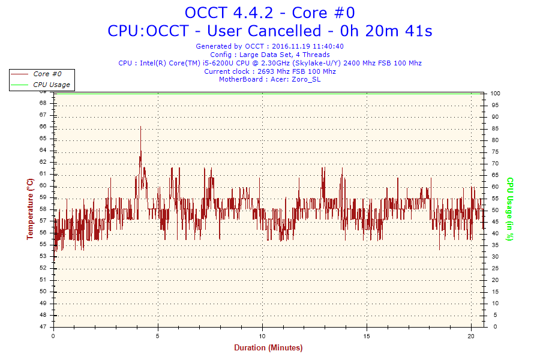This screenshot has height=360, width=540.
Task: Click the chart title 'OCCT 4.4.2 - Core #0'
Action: [269, 13]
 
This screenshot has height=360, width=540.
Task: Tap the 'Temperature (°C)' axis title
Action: [30, 209]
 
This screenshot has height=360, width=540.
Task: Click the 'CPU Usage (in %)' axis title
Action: [510, 209]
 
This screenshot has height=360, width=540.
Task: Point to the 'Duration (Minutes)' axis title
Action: [268, 347]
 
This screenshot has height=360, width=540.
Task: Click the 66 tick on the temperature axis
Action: [43, 127]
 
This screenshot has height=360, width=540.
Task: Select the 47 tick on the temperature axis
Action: [43, 327]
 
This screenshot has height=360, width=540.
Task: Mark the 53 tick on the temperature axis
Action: [43, 256]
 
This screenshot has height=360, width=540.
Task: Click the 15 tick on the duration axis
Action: [366, 334]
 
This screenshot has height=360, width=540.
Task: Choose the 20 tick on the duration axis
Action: [470, 334]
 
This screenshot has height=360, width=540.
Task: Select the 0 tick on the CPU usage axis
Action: [493, 327]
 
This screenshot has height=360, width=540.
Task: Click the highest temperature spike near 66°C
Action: [140, 127]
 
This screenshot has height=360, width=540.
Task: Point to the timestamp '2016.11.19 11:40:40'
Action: [308, 46]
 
